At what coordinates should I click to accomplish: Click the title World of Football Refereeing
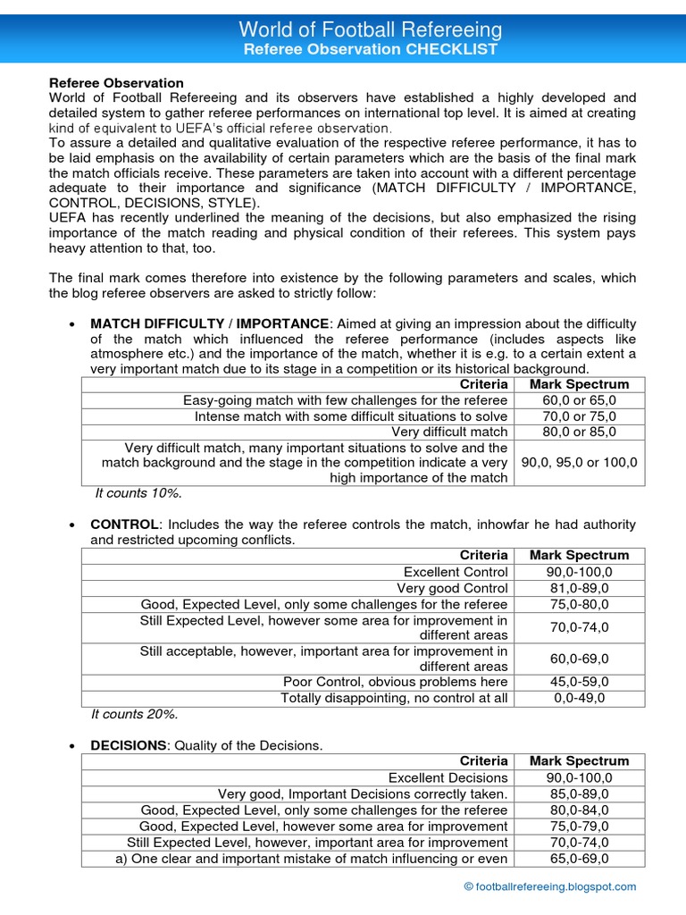coord(371,30)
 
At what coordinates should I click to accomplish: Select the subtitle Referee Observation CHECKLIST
coord(371,50)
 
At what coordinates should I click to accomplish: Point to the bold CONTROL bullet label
coord(124,524)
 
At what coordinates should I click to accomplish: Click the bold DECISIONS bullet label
coord(129,745)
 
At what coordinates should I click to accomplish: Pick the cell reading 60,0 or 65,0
coord(579,400)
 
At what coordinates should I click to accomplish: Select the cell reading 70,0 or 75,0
coord(579,416)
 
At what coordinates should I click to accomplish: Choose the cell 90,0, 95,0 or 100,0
coord(579,463)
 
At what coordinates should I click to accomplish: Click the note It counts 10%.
coord(138,492)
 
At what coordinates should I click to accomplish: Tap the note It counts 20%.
coord(136,714)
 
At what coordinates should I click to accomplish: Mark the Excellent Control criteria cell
coord(456,572)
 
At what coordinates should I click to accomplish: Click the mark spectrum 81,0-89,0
coord(579,588)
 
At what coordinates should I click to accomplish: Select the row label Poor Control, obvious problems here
coord(395,682)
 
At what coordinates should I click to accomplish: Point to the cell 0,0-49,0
coord(579,698)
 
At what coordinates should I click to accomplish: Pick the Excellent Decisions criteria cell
coord(448,778)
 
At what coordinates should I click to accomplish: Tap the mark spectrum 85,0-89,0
coord(579,794)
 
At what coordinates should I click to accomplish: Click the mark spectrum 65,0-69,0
coord(579,859)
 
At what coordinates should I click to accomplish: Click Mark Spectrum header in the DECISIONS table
coord(579,761)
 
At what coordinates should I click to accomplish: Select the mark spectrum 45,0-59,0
coord(579,682)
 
